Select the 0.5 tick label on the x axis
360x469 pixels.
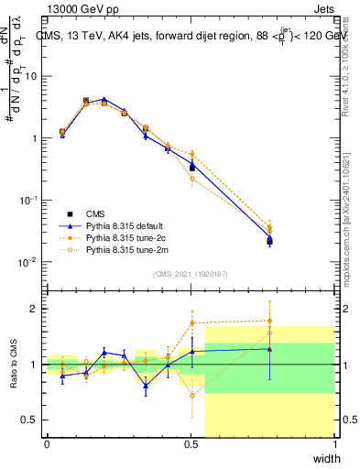191,443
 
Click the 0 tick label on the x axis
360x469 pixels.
47,443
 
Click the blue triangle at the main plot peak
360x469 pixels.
104,99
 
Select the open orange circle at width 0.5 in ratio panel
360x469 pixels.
192,396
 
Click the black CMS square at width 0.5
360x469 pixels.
192,168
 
